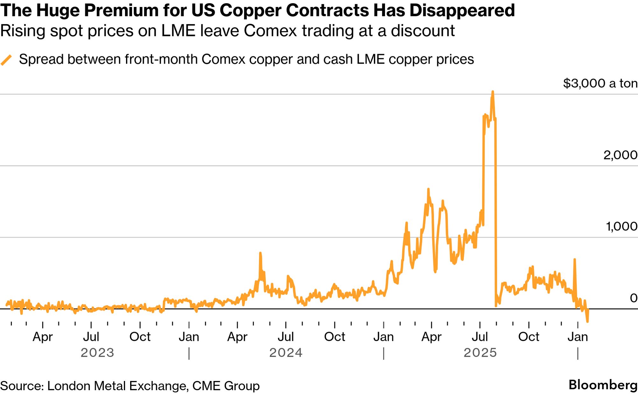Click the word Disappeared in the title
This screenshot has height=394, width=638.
(x=462, y=10)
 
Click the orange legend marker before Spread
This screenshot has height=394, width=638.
(x=6, y=60)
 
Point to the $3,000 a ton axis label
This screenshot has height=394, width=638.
(x=600, y=83)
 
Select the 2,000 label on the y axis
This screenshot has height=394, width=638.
(x=620, y=155)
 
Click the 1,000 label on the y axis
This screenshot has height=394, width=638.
(x=621, y=226)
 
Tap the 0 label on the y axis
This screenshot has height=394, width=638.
(x=634, y=298)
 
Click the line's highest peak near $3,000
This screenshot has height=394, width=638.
(x=493, y=92)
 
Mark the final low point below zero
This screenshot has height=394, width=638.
(x=587, y=321)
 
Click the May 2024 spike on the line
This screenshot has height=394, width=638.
(x=260, y=253)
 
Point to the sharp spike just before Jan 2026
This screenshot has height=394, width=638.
(x=575, y=259)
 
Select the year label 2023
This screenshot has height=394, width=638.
(x=97, y=353)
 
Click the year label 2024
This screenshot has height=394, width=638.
(x=286, y=353)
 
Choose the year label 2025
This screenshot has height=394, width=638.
(x=480, y=353)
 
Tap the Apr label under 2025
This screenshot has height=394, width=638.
(x=431, y=337)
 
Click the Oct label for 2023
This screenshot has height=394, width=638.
(x=140, y=337)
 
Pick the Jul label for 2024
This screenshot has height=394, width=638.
(x=286, y=337)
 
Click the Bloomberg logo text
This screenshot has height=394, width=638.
(x=603, y=385)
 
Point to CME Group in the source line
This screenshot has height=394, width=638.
(x=226, y=386)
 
